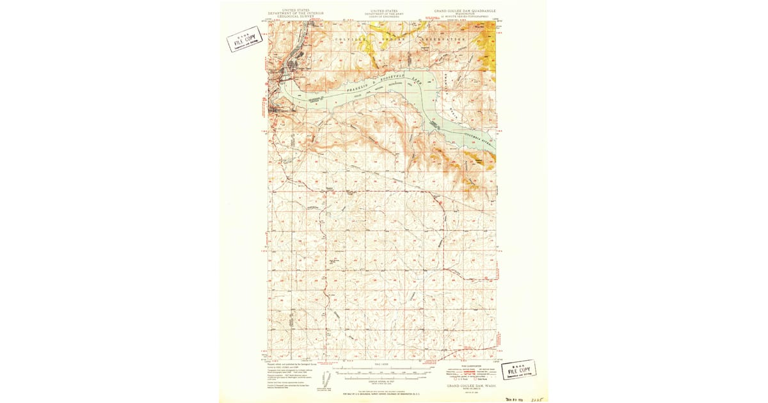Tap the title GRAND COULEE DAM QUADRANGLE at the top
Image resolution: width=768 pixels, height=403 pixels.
465,11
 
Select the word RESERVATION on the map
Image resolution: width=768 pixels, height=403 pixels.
442,39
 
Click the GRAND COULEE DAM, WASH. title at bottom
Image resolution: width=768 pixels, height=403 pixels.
465,386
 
